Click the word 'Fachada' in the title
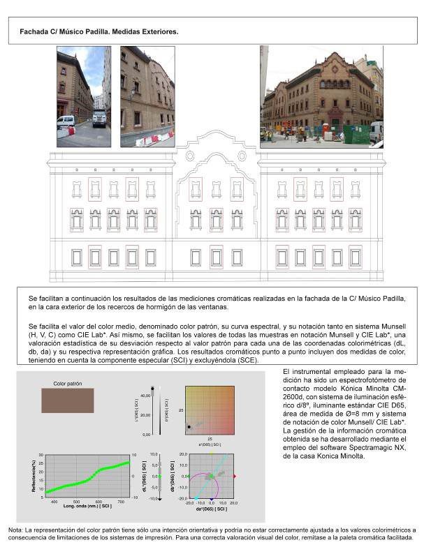34,32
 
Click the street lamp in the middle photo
132,92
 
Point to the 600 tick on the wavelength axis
98,501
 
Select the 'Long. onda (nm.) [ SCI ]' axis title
75,506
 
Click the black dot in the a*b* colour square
189,426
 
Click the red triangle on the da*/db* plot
235,476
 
